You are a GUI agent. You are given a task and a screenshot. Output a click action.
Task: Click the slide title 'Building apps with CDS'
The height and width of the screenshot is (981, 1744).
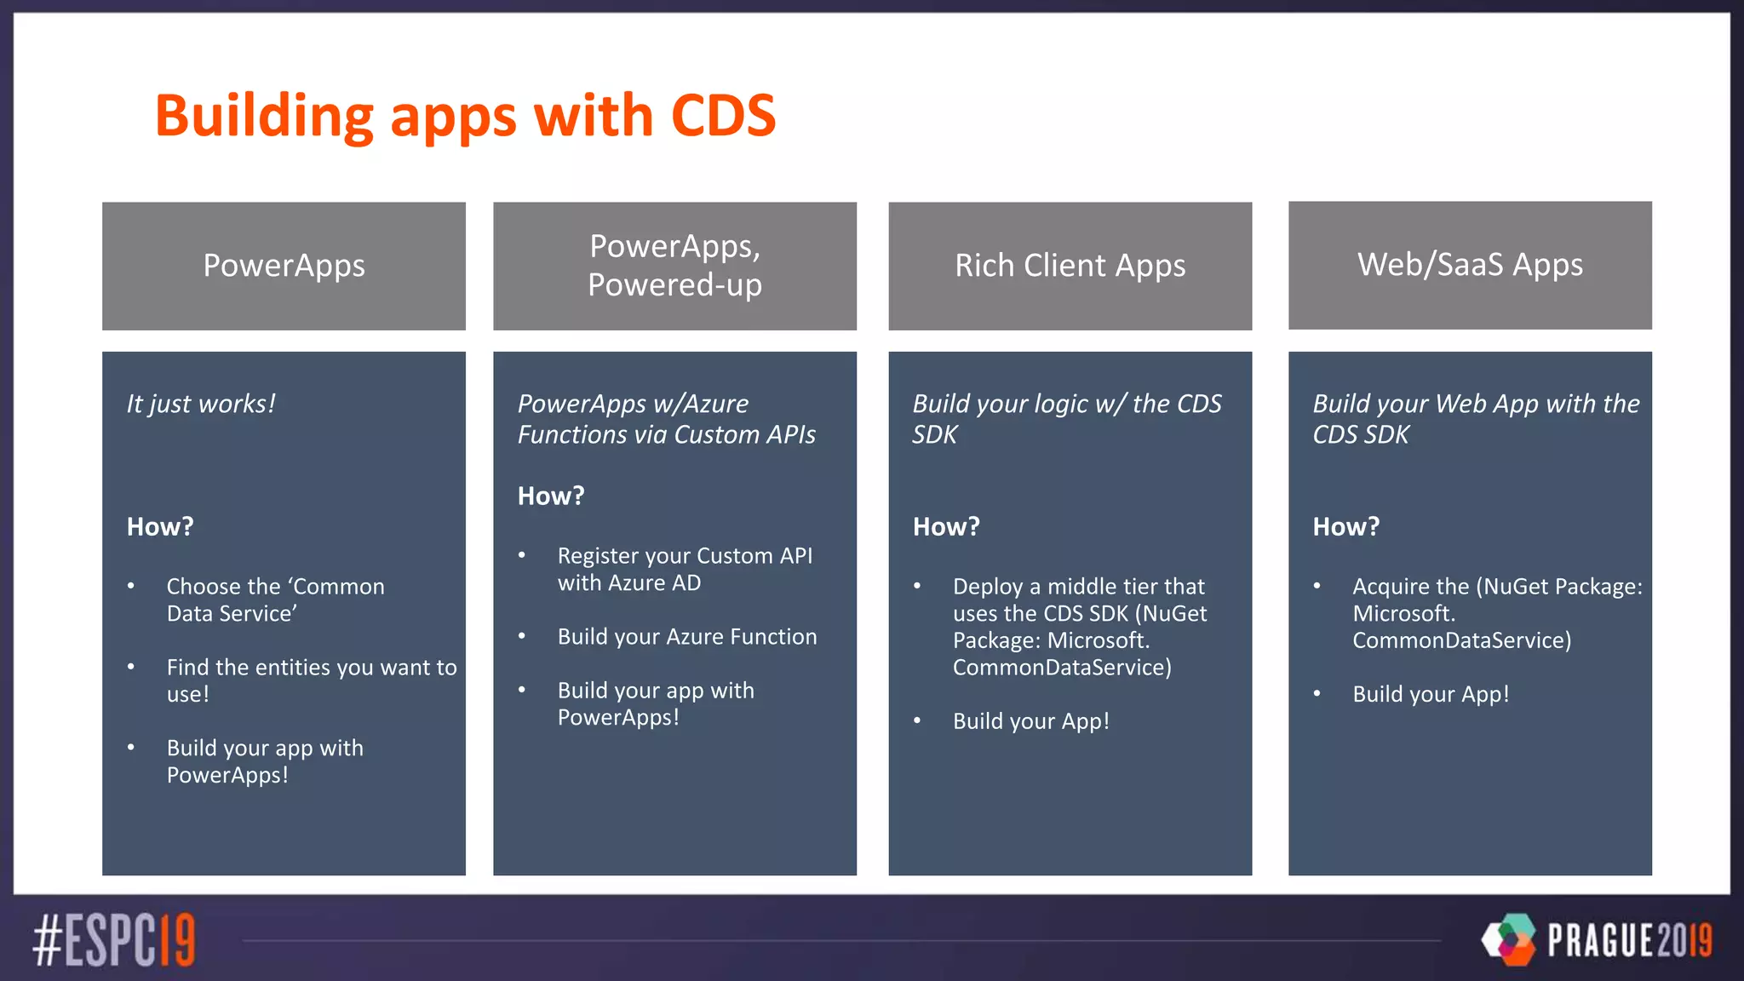[465, 116]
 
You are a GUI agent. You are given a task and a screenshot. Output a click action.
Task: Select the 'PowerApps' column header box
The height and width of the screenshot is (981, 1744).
[284, 266]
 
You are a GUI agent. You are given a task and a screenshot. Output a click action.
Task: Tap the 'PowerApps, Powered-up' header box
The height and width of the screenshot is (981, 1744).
[674, 266]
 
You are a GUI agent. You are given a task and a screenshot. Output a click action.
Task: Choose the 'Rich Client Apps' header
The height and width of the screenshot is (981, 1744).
[1070, 266]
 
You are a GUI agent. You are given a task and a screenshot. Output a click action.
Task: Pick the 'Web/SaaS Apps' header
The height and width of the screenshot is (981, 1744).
[1470, 265]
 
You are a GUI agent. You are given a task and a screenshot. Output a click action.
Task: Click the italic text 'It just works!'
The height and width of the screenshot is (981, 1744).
[201, 404]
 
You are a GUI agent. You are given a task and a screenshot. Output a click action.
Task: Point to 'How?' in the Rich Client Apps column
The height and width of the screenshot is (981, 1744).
[946, 527]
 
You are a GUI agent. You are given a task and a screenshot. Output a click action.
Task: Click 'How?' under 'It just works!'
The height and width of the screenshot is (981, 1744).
[160, 527]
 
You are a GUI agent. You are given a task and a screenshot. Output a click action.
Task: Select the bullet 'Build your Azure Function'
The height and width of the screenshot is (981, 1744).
[686, 637]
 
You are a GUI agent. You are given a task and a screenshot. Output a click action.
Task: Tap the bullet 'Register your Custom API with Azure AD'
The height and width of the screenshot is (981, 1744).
[684, 569]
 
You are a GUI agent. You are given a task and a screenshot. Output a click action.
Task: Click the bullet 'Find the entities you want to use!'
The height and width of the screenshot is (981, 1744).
[311, 680]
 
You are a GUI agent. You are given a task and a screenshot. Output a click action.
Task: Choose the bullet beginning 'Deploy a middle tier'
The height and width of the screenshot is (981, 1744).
[1079, 627]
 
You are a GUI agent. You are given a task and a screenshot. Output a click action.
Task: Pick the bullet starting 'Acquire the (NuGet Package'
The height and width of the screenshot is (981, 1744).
[1496, 613]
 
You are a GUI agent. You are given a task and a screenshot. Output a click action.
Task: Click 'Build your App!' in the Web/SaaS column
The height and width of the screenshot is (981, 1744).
[1431, 694]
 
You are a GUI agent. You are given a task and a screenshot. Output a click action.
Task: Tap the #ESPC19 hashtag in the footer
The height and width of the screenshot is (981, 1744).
[114, 940]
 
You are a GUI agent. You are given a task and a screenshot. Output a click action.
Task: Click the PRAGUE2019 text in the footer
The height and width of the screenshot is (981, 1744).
[1629, 940]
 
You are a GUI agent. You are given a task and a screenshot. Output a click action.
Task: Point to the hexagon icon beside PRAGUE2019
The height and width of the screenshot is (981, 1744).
[1509, 939]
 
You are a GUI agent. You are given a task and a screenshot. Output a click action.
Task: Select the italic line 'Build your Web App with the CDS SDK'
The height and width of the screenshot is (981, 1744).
[1475, 419]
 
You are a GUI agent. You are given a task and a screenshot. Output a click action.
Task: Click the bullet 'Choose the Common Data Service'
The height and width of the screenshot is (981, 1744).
[275, 599]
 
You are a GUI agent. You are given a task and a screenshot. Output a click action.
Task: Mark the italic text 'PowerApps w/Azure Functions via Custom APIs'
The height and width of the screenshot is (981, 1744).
[666, 419]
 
